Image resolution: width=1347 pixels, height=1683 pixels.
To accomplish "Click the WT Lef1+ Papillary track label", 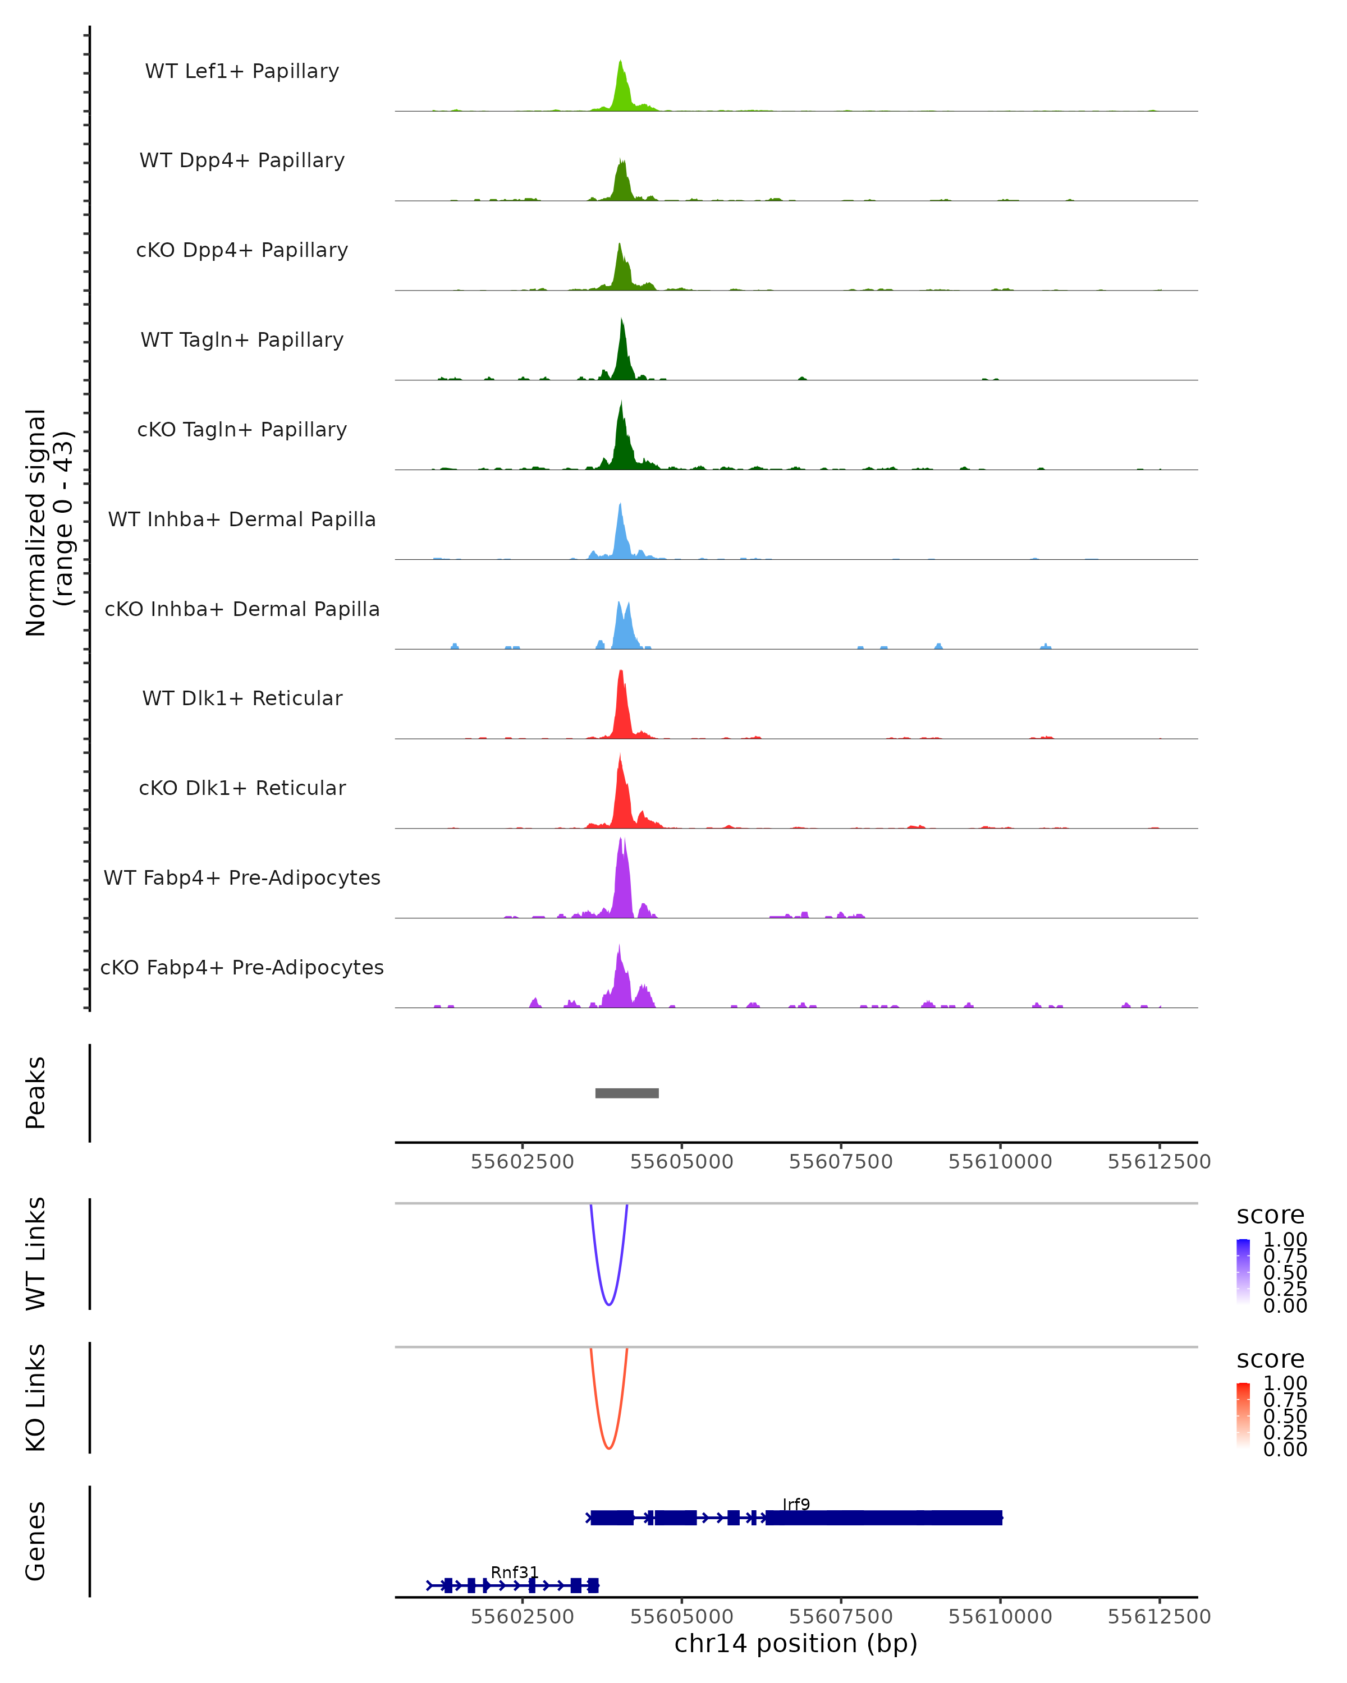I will (242, 71).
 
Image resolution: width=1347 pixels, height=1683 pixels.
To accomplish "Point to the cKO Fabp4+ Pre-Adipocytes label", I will (242, 967).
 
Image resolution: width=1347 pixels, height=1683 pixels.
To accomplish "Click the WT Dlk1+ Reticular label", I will (242, 698).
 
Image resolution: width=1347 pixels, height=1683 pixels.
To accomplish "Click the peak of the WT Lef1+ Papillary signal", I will (620, 62).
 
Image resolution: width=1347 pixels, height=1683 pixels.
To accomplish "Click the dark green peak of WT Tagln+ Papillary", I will (621, 321).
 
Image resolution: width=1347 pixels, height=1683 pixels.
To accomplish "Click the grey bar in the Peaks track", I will (626, 1093).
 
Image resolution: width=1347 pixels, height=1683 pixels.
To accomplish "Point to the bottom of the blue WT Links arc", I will (609, 1304).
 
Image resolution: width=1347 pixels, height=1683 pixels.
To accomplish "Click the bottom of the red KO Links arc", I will (609, 1448).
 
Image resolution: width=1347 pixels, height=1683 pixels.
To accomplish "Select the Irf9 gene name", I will (796, 1504).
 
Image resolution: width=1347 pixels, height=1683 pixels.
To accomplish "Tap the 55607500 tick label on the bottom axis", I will (840, 1617).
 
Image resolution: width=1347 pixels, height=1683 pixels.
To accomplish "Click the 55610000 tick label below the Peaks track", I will (1000, 1162).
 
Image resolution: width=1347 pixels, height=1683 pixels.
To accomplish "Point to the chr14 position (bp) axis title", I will (796, 1644).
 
